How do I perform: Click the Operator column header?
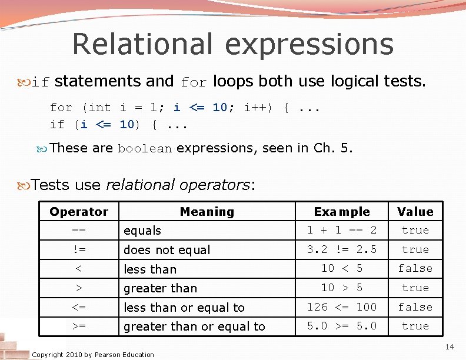coord(79,212)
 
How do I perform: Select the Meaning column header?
coord(207,212)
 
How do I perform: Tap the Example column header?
coord(342,212)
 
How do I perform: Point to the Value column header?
coord(415,212)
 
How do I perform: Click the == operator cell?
coord(79,230)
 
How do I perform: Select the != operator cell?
coord(79,249)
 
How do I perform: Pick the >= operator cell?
coord(79,326)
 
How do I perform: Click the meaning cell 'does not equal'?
coord(167,250)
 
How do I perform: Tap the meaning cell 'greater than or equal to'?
coord(194,326)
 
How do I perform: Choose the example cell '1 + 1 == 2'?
coord(342,230)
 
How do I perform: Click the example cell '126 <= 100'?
coord(342,307)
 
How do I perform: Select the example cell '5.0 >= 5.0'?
coord(342,326)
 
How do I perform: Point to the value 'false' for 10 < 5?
coord(415,268)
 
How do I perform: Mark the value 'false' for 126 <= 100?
coord(415,307)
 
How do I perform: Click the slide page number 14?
coord(450,348)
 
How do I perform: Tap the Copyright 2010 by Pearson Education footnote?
coord(93,355)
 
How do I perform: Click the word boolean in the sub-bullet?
coord(145,149)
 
